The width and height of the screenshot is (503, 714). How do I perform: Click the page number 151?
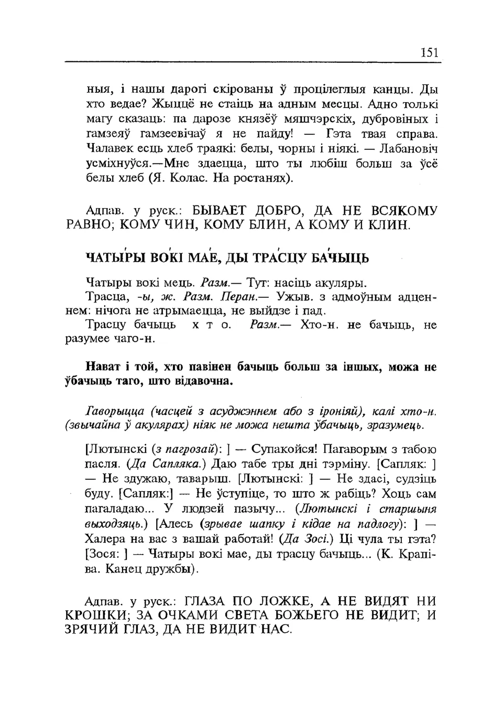(429, 52)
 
